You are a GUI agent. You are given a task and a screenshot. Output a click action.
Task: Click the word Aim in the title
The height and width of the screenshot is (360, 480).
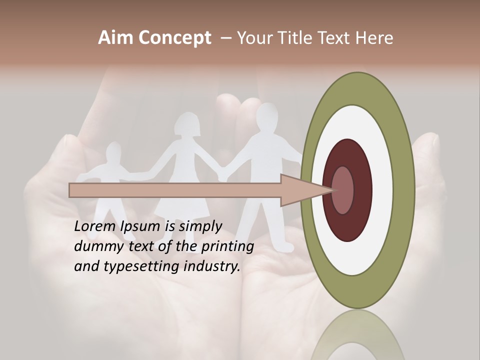(x=115, y=38)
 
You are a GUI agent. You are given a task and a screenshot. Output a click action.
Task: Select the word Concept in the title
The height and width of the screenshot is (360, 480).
(x=174, y=38)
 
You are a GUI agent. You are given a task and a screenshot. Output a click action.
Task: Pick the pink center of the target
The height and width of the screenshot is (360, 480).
(x=343, y=190)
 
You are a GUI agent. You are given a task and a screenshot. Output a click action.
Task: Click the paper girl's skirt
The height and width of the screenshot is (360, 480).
(x=182, y=210)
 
